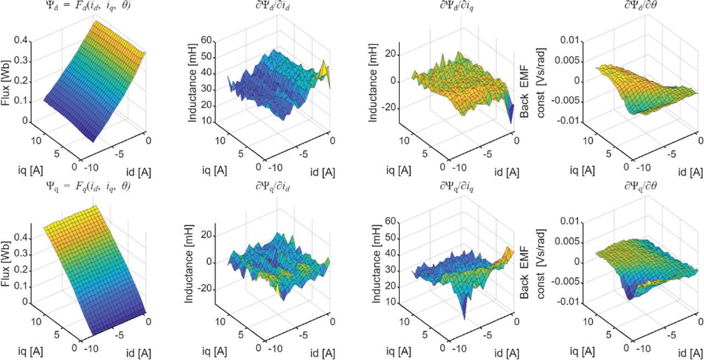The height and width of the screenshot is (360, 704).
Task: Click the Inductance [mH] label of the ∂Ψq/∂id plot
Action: (193, 263)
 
